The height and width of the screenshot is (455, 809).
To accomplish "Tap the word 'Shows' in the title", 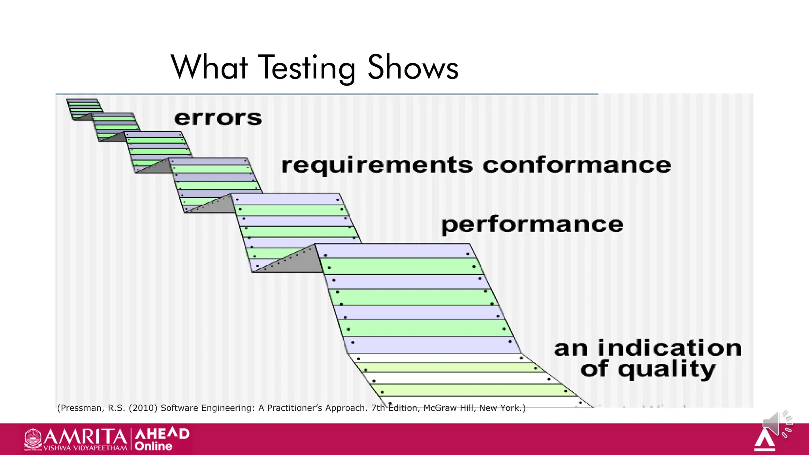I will click(x=413, y=68).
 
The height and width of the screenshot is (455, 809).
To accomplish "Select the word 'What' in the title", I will click(x=209, y=68).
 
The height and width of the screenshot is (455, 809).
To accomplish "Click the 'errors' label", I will click(x=218, y=118).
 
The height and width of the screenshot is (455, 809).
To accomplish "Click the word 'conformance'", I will click(x=577, y=165).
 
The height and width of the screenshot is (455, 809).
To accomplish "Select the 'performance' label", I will click(x=532, y=225).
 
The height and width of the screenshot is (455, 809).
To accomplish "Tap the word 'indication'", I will click(x=670, y=348).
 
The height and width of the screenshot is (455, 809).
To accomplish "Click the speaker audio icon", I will click(x=776, y=423).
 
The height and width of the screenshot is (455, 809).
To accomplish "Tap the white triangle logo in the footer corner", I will click(x=765, y=441).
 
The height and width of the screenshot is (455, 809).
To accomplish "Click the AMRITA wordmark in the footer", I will click(x=85, y=437).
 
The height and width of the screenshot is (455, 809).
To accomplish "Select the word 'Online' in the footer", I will click(x=153, y=446).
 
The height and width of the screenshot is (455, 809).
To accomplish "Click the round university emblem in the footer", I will click(x=33, y=438).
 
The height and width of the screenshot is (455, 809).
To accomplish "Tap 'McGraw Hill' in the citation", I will click(x=449, y=408).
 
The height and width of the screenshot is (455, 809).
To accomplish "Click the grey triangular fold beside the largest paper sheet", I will click(x=292, y=261).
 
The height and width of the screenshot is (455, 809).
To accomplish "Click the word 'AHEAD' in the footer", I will click(x=162, y=434).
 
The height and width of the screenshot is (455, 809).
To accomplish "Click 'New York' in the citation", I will click(x=500, y=408).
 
